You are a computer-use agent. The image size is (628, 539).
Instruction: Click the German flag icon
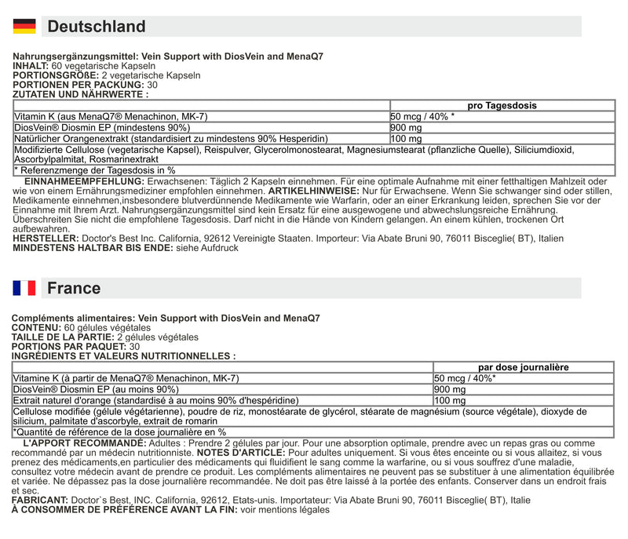point(24,26)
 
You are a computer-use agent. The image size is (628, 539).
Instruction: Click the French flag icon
point(24,288)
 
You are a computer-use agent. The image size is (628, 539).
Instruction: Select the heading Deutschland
point(97,27)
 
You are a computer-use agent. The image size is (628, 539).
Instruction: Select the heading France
point(74,288)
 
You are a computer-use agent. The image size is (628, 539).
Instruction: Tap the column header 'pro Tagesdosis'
point(502,105)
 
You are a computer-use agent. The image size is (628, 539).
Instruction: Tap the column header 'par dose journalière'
point(524,367)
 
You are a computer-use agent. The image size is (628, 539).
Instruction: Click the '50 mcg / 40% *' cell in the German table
point(422,116)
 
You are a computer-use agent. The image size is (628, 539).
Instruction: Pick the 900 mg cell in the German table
point(407,128)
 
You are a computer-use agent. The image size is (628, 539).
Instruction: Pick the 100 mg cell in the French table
point(450,401)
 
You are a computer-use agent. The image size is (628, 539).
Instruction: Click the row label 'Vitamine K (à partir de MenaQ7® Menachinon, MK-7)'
point(126,378)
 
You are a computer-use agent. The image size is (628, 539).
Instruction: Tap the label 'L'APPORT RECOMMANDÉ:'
point(85,443)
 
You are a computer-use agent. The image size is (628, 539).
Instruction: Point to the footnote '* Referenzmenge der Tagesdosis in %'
point(95,169)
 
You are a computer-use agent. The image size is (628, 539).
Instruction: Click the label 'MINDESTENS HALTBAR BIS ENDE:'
point(89,247)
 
